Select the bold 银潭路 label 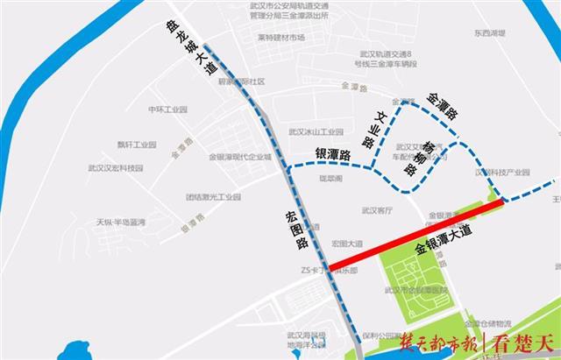pyautogui.click(x=332, y=155)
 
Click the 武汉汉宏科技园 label pyautogui.click(x=115, y=168)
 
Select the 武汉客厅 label pyautogui.click(x=377, y=210)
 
